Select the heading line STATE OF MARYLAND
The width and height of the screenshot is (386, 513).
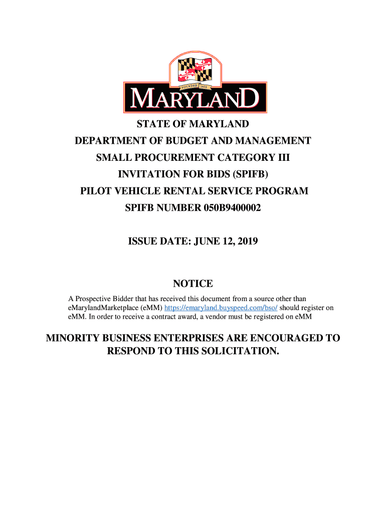tap(193, 124)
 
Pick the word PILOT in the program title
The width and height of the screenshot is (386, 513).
tap(96, 191)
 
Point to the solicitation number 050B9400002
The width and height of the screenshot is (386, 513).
tap(233, 208)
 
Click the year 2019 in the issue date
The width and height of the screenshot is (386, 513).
tap(247, 241)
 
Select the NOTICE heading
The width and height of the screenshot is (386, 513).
tap(193, 284)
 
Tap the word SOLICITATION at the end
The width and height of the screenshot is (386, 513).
tap(235, 351)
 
